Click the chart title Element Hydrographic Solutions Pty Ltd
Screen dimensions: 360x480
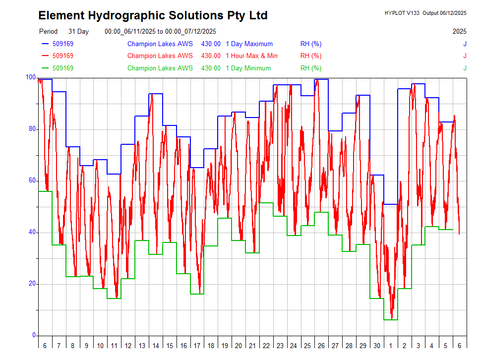point(153,15)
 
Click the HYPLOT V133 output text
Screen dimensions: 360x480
point(425,13)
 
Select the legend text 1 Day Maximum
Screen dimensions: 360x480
point(249,44)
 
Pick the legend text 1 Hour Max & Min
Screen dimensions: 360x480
point(251,56)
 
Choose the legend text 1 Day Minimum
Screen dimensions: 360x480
point(248,68)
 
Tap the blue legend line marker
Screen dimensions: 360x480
point(46,44)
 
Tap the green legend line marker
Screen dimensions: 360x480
point(46,68)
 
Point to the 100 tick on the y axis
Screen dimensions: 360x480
point(30,77)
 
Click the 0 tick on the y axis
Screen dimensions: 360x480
point(34,335)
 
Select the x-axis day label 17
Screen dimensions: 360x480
point(197,346)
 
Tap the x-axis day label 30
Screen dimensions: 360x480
point(377,346)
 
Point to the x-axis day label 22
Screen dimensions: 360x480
point(266,346)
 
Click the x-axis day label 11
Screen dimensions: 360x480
point(114,346)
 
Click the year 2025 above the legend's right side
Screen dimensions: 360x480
point(459,31)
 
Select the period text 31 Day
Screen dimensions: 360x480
point(78,31)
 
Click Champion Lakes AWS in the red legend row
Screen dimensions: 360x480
point(160,56)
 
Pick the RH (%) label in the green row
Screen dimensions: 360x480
point(311,68)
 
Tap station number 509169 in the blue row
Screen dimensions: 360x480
point(63,44)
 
